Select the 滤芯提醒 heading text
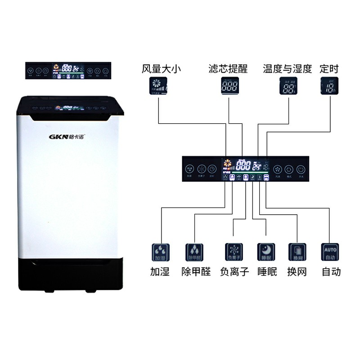[x=228, y=69]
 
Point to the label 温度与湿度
[x=288, y=69]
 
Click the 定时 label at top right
[x=329, y=69]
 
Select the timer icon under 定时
[x=328, y=85]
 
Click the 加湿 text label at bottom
[x=160, y=272]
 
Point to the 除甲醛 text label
[x=196, y=272]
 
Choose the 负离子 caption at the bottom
[x=234, y=272]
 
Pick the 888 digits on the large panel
[x=243, y=166]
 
